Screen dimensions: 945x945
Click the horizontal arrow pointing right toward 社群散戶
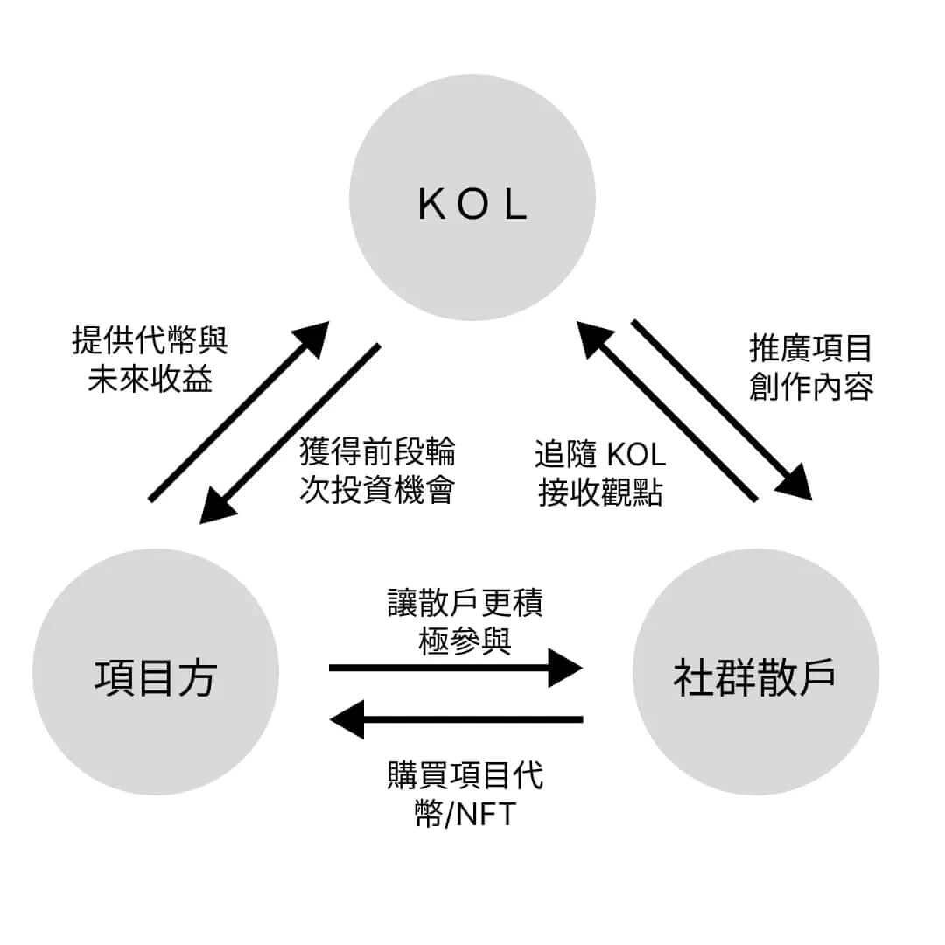(x=455, y=668)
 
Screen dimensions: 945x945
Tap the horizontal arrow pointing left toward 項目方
(x=455, y=719)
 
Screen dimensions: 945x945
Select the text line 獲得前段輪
(x=377, y=452)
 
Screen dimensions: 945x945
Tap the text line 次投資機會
(x=377, y=491)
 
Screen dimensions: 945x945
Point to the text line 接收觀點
(x=600, y=493)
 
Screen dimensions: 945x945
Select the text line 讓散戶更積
(x=465, y=603)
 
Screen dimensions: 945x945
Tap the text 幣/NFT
(x=465, y=815)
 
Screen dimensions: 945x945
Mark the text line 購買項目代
(x=465, y=775)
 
